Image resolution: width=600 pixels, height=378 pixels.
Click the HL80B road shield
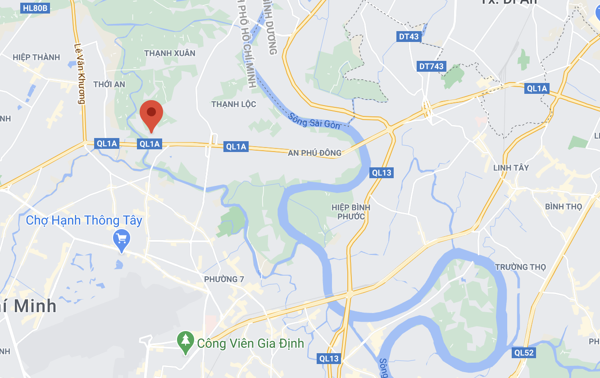[x=35, y=8]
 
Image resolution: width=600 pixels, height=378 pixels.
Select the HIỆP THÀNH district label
[x=36, y=57]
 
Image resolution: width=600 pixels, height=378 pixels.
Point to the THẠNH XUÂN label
[x=170, y=53]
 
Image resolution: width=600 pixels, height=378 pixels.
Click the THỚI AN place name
[x=109, y=84]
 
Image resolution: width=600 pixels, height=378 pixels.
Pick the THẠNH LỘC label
[x=234, y=104]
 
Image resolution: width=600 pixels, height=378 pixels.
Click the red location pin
[x=151, y=115]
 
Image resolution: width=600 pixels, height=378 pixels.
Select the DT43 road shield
[x=409, y=37]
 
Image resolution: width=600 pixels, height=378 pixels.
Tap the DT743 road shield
[x=431, y=66]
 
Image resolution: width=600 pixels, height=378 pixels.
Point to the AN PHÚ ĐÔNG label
[x=315, y=153]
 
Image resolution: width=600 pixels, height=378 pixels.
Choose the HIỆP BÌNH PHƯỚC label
[x=351, y=212]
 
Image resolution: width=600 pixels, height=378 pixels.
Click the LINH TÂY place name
[x=511, y=168]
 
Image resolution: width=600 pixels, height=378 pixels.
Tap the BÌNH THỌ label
[x=563, y=207]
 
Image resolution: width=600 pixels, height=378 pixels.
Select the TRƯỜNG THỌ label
[x=520, y=267]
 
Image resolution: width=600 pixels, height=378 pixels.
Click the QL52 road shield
[x=524, y=353]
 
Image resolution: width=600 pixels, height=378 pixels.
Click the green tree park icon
[x=185, y=342]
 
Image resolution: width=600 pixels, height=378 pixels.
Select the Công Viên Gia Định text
[x=250, y=343]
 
